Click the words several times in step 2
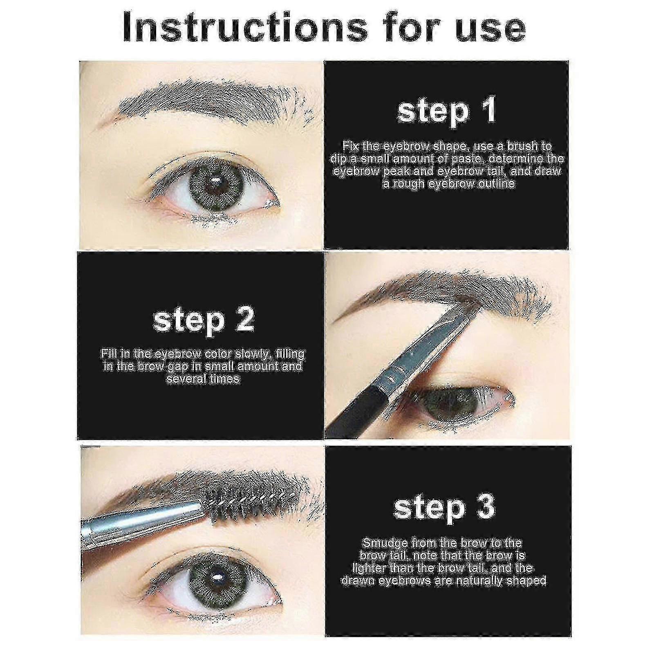(203, 379)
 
